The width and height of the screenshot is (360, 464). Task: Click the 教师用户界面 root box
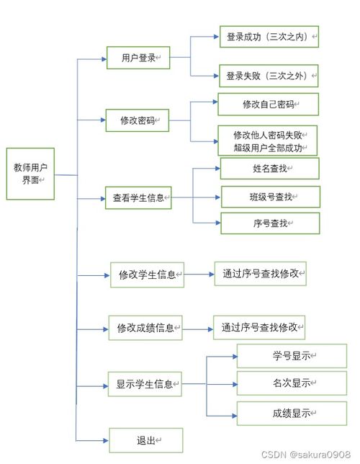[x=30, y=174]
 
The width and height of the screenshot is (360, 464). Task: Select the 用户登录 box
[x=138, y=57]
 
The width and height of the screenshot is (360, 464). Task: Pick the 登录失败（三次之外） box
[x=269, y=75]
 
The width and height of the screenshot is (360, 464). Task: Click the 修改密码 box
[x=138, y=120]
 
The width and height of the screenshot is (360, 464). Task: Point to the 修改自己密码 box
[x=269, y=104]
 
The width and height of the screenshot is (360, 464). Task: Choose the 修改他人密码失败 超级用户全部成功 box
[x=269, y=141]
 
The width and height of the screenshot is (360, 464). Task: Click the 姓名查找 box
[x=269, y=169]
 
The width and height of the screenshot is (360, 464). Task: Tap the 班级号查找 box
[x=269, y=196]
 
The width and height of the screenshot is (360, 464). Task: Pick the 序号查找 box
[x=269, y=223]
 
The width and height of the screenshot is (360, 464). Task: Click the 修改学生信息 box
[x=147, y=275]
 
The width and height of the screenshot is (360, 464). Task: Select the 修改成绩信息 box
[x=145, y=328]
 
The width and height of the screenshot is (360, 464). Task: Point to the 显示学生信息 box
[x=145, y=384]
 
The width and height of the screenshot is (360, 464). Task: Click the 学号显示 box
[x=282, y=356]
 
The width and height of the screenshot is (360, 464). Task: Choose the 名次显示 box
[x=282, y=383]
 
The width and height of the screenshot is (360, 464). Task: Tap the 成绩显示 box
[x=282, y=413]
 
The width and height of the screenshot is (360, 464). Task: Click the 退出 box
[x=146, y=440]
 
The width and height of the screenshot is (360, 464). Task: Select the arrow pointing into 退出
[x=94, y=440]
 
